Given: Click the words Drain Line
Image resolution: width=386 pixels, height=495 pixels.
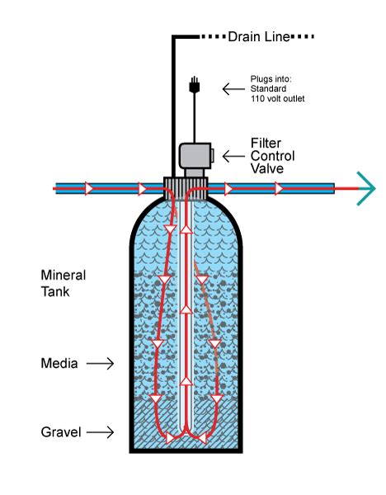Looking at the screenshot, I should (x=257, y=36).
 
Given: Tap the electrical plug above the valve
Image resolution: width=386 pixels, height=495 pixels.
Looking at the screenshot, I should (x=194, y=84).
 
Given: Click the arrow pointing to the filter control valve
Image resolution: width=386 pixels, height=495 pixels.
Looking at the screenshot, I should (x=233, y=155).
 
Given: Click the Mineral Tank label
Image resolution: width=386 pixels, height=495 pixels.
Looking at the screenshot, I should (x=64, y=281).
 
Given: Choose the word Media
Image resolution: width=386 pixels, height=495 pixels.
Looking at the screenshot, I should (x=59, y=362).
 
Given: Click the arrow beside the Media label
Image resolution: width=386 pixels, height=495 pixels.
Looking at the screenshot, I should (x=101, y=362).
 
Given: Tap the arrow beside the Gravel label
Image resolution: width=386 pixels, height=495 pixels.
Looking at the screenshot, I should (x=101, y=431).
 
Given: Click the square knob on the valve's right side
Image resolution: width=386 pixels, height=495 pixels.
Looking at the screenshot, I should (x=212, y=154).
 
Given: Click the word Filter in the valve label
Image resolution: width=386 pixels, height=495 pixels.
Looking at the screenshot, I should (x=265, y=143).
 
